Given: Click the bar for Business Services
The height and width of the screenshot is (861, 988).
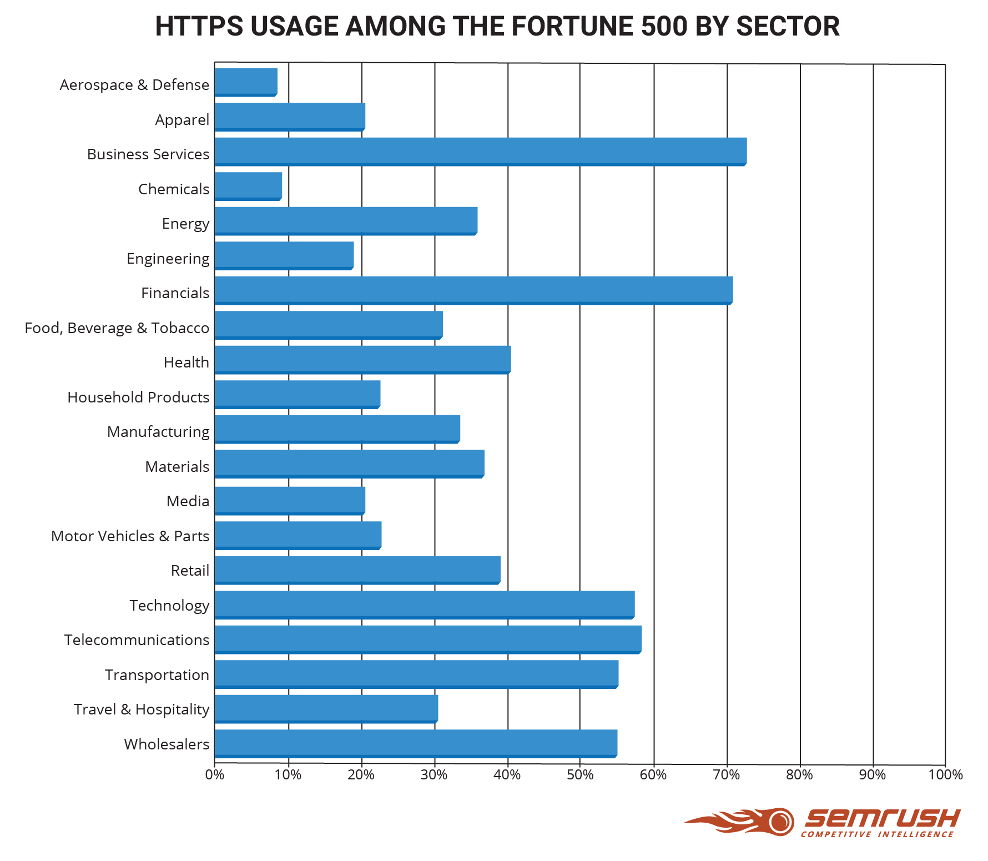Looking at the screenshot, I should pyautogui.click(x=480, y=151).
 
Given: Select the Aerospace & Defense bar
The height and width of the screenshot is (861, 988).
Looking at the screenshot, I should pyautogui.click(x=246, y=82).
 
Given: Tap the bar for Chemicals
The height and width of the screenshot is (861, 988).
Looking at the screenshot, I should pyautogui.click(x=248, y=185).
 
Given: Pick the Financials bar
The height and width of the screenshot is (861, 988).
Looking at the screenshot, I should pyautogui.click(x=473, y=290).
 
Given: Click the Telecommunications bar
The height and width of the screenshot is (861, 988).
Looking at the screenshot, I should pyautogui.click(x=428, y=639).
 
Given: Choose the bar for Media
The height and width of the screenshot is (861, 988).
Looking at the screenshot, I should pyautogui.click(x=290, y=500).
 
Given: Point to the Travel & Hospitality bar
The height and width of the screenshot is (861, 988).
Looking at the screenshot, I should pyautogui.click(x=326, y=708).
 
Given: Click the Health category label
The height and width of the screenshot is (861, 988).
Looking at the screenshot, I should pyautogui.click(x=186, y=362).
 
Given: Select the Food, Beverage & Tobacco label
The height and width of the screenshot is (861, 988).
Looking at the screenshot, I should pyautogui.click(x=117, y=328).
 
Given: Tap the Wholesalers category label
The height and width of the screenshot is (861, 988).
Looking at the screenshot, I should pyautogui.click(x=167, y=744).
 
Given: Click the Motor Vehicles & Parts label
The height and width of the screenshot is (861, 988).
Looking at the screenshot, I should pyautogui.click(x=130, y=536).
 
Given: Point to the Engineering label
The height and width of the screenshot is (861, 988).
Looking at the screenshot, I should pyautogui.click(x=168, y=259).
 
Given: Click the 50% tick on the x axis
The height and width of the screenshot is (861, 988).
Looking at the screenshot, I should pyautogui.click(x=580, y=775).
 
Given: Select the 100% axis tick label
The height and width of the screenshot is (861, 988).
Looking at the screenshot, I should pyautogui.click(x=945, y=775).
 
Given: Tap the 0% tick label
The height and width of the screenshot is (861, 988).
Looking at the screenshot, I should pyautogui.click(x=215, y=775).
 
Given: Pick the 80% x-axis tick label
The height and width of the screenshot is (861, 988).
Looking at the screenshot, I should pyautogui.click(x=799, y=775).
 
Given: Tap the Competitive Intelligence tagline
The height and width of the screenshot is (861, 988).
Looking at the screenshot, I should pyautogui.click(x=877, y=834).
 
